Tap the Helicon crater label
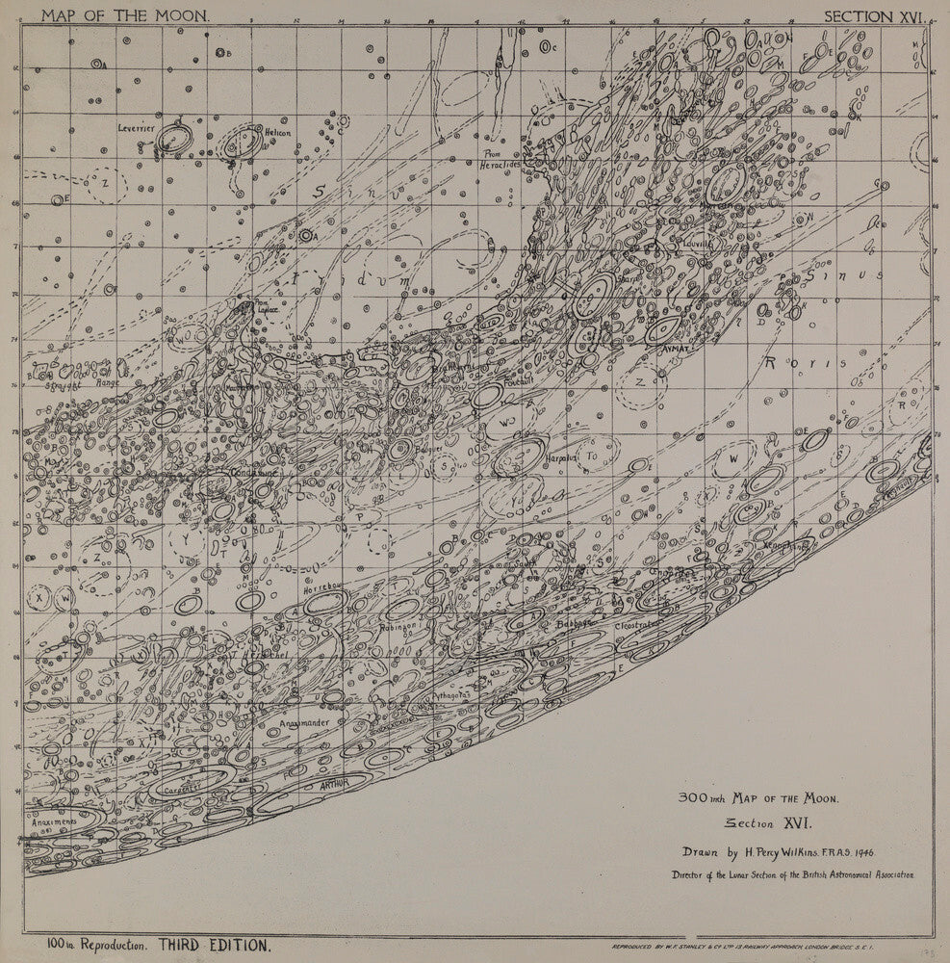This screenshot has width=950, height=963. click(278, 132)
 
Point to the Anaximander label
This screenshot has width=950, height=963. click(305, 722)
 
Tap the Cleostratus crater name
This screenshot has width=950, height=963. click(636, 624)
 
